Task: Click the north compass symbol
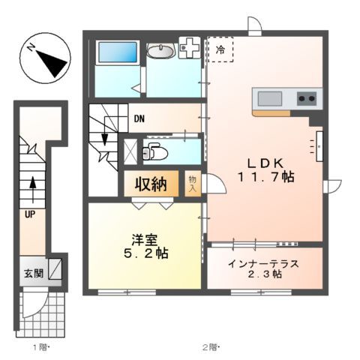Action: click(x=43, y=58)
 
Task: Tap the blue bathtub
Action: click(x=117, y=54)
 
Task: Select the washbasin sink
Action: click(x=160, y=51)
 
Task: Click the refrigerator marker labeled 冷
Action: click(x=220, y=50)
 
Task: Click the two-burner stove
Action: click(x=307, y=97)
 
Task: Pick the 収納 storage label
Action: click(x=150, y=183)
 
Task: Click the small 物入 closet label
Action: click(x=193, y=184)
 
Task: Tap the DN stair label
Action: click(x=139, y=118)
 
